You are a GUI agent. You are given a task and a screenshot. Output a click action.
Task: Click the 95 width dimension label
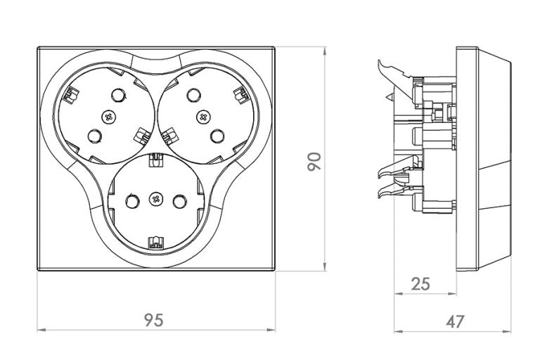point(154,320)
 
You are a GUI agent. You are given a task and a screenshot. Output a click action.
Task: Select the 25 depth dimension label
point(420,284)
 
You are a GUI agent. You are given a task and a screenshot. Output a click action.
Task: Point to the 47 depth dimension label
point(456,321)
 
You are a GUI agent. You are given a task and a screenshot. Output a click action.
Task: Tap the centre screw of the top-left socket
point(108,116)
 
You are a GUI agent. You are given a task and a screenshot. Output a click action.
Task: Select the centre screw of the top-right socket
point(204,116)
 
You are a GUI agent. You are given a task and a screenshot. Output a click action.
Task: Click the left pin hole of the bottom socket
point(131,202)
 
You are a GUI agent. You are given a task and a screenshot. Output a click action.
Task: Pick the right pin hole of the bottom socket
point(181,202)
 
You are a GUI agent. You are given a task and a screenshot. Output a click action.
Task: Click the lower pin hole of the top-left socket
point(94,134)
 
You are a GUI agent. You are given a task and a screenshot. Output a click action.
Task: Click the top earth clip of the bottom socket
point(156,163)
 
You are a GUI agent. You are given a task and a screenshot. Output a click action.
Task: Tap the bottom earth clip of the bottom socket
point(156,244)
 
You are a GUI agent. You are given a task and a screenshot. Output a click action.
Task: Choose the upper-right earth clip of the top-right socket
point(240,93)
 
